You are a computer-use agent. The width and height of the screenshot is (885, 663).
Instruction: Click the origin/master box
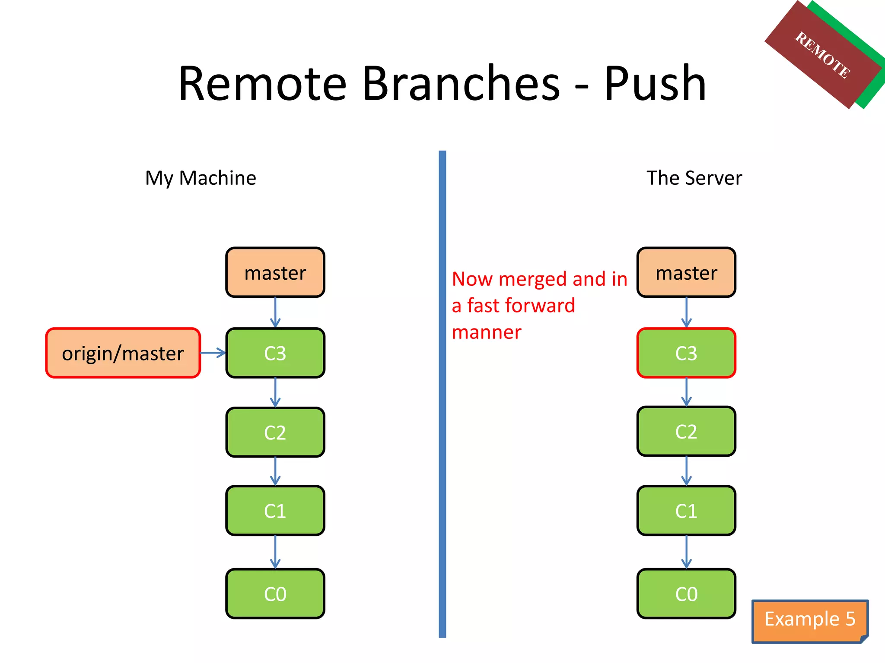click(x=123, y=353)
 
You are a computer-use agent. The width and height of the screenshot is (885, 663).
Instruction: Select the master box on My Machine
click(x=275, y=272)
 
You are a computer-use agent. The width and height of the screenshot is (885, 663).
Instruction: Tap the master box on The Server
click(x=686, y=272)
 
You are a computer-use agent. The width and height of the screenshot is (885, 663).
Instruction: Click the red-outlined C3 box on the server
click(x=686, y=353)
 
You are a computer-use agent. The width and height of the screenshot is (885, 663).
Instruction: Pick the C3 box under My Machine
click(x=275, y=353)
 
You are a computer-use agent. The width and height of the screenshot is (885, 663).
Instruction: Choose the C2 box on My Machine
click(x=275, y=432)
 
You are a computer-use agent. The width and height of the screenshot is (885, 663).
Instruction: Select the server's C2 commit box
click(x=686, y=431)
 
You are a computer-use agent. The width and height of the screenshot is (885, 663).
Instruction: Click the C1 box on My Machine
click(x=275, y=511)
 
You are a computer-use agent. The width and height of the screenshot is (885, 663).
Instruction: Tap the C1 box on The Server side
click(x=686, y=511)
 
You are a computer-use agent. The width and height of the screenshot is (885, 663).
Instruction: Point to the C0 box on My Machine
click(x=275, y=594)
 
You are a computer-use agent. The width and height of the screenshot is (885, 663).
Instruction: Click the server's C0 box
click(x=686, y=594)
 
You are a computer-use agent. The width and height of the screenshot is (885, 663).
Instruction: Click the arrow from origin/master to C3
click(x=213, y=353)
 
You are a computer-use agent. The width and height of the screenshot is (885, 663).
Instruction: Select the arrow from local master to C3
click(x=275, y=313)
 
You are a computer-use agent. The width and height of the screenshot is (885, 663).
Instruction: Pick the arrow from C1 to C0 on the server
click(x=686, y=552)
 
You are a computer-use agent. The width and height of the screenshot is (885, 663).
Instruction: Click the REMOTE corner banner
click(x=823, y=55)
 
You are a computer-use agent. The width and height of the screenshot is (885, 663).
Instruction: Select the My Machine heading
click(x=201, y=178)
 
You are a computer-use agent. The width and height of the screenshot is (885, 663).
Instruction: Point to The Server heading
click(x=694, y=178)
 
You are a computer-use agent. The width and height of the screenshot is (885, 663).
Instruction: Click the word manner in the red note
click(x=487, y=332)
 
